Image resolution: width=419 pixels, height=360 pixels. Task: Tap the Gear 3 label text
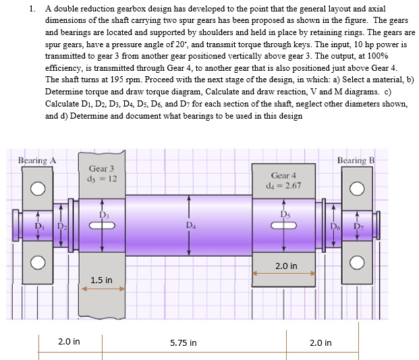[101, 168]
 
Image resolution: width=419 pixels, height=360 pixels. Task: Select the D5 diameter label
[284, 214]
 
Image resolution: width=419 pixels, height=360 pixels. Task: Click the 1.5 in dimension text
[101, 280]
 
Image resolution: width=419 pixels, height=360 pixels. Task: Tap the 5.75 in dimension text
[184, 342]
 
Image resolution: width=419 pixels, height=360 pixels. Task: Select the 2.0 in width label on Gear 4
[286, 266]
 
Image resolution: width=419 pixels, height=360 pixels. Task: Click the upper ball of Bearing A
[38, 188]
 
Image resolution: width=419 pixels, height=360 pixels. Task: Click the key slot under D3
[102, 227]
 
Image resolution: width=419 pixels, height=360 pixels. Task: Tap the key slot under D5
[284, 226]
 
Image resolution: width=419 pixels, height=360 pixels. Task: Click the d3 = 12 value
[103, 179]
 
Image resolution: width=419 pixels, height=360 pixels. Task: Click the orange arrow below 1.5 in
[103, 289]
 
